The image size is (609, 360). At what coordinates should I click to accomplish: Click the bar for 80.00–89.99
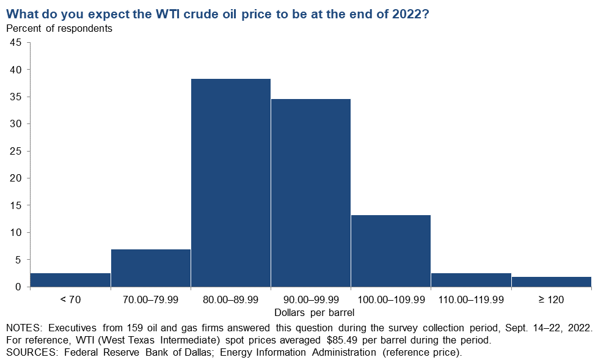tap(231, 183)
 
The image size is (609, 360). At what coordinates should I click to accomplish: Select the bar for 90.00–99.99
tap(311, 193)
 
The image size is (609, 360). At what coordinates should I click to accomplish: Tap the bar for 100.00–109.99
tap(391, 251)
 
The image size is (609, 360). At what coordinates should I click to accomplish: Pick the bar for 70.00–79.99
tap(151, 268)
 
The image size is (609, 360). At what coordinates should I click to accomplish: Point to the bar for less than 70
tap(70, 280)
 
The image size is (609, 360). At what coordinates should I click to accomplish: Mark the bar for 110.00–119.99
tap(471, 280)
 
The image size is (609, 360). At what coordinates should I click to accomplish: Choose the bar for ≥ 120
tap(552, 282)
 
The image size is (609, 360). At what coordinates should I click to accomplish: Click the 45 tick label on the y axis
tap(15, 42)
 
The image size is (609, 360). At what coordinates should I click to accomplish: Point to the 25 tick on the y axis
tap(15, 151)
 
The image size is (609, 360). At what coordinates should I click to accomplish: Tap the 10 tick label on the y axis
tap(15, 232)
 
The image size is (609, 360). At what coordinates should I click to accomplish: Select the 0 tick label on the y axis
tap(18, 287)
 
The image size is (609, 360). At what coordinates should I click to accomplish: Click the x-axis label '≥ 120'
tap(551, 299)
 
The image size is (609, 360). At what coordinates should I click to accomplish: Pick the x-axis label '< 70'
tap(70, 299)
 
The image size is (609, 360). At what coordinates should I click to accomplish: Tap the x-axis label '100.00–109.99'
tap(391, 299)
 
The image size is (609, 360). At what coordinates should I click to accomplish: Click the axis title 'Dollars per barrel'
tap(314, 312)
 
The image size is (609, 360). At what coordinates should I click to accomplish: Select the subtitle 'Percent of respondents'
tap(59, 28)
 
